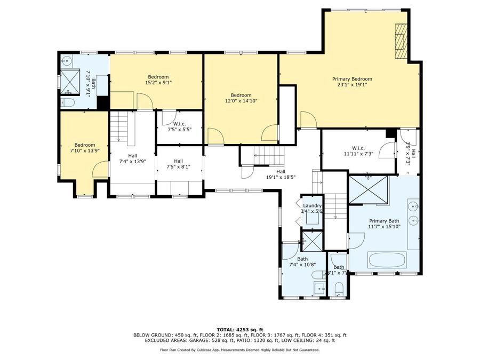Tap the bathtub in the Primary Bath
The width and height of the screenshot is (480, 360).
pos(387,260)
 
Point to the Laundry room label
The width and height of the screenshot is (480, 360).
pos(312,205)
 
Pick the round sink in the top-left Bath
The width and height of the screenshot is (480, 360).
pos(67,60)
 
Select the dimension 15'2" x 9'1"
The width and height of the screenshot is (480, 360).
pos(158,83)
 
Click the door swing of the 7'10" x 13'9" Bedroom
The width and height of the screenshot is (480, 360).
pos(100,170)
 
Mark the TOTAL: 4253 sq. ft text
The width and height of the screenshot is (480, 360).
pos(239,329)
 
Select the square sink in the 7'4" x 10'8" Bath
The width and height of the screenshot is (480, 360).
pos(320,289)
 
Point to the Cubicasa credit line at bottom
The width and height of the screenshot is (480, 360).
pos(239,350)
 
